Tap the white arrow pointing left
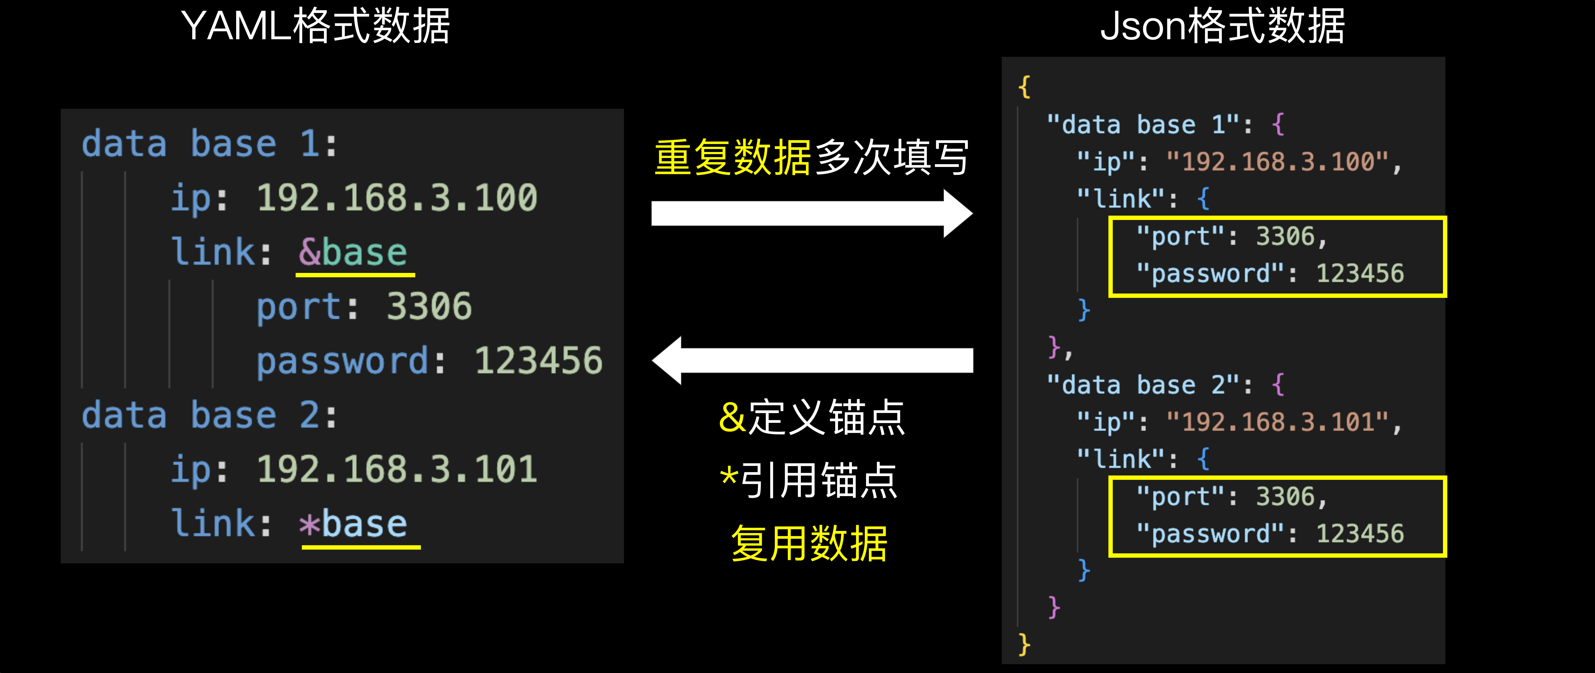811,360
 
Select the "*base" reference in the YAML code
353,524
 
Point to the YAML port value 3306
429,307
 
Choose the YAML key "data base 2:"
209,415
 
